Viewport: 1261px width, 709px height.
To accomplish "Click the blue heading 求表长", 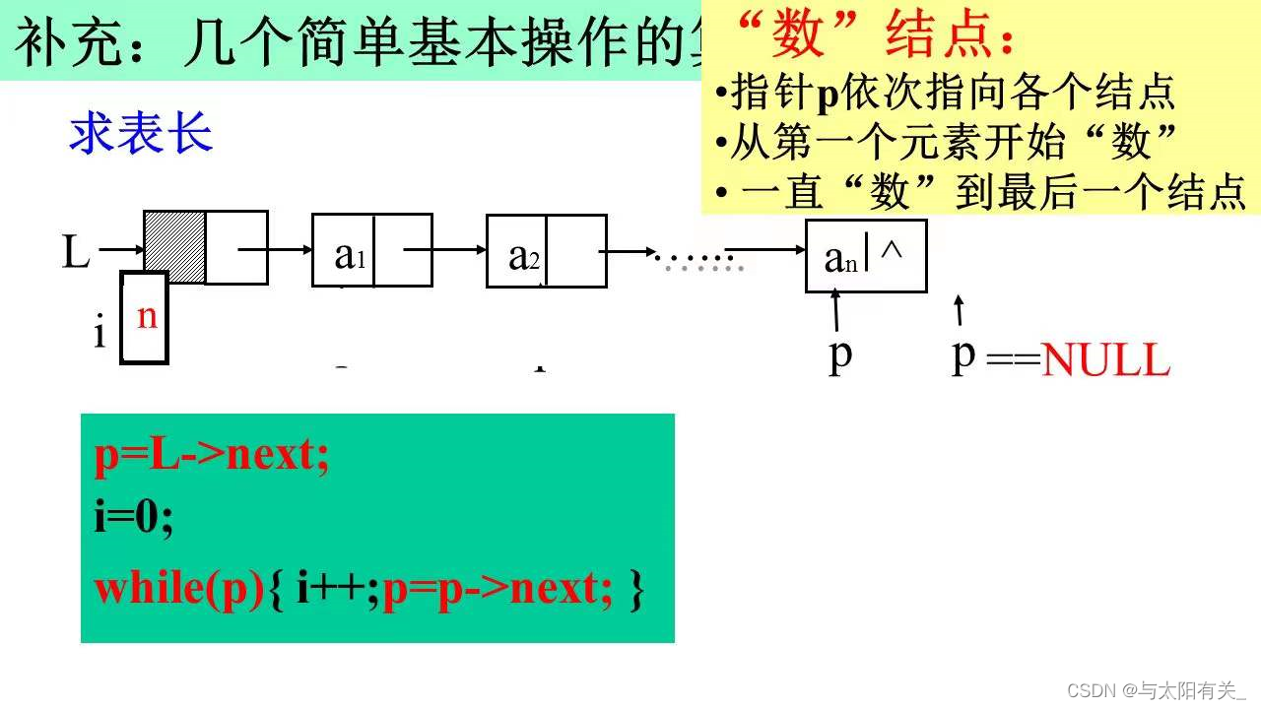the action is click(x=141, y=134).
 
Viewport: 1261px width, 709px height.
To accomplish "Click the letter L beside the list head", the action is click(x=75, y=252).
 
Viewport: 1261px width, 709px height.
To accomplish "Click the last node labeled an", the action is click(x=837, y=257).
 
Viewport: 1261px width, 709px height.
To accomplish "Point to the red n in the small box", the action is click(x=147, y=317).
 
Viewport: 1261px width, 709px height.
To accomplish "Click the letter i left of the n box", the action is click(x=99, y=335).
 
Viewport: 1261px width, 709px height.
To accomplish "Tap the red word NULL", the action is click(x=1105, y=362).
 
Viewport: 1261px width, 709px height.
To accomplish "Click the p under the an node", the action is click(x=839, y=354).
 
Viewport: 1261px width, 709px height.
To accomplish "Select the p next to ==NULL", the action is click(x=962, y=354).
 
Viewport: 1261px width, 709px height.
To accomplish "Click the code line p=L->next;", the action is click(x=212, y=457).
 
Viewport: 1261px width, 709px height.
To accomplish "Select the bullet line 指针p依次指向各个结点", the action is click(x=946, y=93).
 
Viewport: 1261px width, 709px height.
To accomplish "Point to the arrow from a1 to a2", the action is click(x=459, y=250).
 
